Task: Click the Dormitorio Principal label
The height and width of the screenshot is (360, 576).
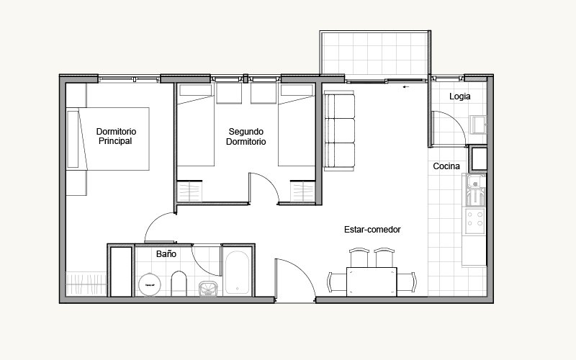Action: (116, 136)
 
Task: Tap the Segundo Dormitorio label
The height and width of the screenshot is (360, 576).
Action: (246, 137)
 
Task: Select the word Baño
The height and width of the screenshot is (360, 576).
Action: (166, 254)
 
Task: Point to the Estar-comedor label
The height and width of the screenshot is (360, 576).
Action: (372, 230)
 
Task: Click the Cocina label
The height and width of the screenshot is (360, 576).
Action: (446, 166)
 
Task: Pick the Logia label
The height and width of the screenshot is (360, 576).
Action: (459, 96)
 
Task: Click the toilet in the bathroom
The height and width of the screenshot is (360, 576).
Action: (179, 283)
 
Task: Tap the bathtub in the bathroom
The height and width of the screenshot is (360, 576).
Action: (237, 273)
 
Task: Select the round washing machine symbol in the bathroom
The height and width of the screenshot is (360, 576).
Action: (150, 284)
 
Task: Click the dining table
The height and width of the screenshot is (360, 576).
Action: (372, 282)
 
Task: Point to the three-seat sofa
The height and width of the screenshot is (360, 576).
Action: (339, 131)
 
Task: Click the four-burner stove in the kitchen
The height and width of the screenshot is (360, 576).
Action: (475, 222)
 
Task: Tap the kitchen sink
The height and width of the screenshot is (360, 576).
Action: (476, 190)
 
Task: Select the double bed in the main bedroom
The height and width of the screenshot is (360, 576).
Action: (108, 139)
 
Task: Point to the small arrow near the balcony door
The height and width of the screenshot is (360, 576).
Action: (406, 87)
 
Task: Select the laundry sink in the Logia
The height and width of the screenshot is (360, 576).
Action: (478, 125)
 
